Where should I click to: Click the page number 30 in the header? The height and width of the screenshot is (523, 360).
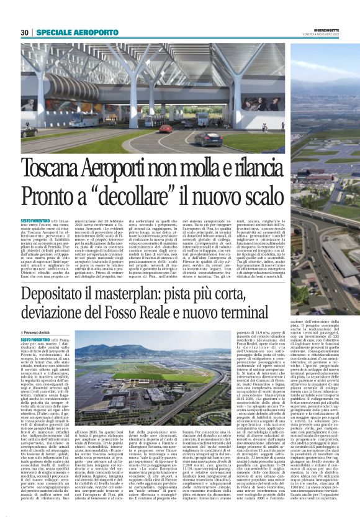click(x=25, y=32)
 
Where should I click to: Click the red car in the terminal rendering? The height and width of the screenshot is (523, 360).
click(x=166, y=129)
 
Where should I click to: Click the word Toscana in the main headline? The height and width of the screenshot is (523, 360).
click(x=55, y=168)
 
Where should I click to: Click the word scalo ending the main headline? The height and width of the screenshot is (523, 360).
click(x=263, y=196)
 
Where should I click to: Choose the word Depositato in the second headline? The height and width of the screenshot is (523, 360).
click(x=56, y=294)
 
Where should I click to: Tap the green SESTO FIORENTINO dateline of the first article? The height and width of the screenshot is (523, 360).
click(x=36, y=220)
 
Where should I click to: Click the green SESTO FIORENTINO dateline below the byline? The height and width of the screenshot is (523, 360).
click(x=36, y=339)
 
